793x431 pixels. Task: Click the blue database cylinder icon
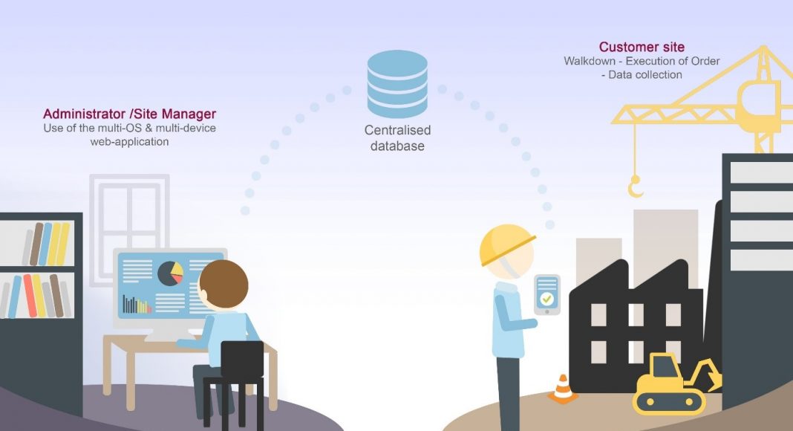tap(397, 84)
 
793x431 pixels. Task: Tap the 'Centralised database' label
tap(397, 138)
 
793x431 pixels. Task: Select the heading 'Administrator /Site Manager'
tap(130, 114)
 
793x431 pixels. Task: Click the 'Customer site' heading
tap(642, 48)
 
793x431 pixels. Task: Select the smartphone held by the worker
tap(547, 294)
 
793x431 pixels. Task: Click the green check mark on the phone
tap(547, 299)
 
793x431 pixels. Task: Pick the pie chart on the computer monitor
tap(171, 273)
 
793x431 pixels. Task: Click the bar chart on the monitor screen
tap(137, 304)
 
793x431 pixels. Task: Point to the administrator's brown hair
tap(223, 280)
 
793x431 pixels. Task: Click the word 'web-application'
tap(130, 141)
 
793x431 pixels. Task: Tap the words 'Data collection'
tap(645, 74)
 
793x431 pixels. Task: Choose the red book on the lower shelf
tap(29, 296)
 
